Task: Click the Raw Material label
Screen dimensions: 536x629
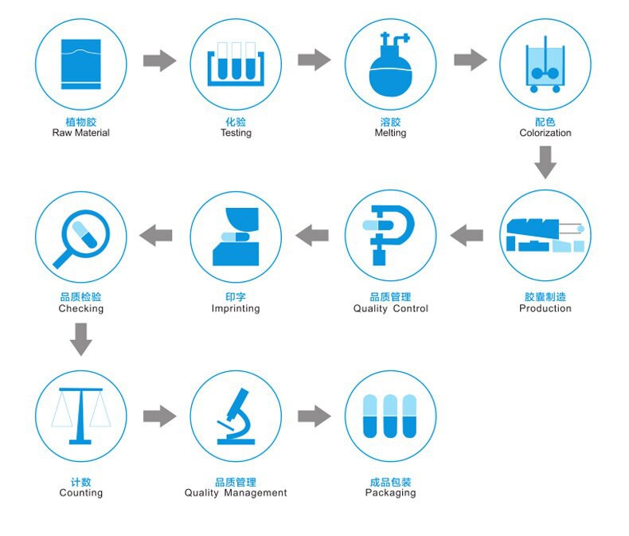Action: [x=80, y=133]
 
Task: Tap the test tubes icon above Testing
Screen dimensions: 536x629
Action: [x=235, y=64]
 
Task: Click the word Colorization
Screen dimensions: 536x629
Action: [x=545, y=133]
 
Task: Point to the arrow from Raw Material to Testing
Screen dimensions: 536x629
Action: [x=160, y=60]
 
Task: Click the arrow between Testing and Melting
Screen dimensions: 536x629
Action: [x=314, y=60]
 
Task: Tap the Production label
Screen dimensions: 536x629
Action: [x=545, y=308]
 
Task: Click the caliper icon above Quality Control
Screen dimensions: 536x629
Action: [x=390, y=235]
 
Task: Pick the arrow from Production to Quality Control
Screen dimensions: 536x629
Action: [x=467, y=235]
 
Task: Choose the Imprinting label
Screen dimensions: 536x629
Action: [x=236, y=308]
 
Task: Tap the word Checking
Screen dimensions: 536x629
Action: [x=80, y=308]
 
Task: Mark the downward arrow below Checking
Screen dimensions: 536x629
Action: [x=80, y=340]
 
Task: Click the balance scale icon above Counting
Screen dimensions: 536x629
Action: [x=80, y=414]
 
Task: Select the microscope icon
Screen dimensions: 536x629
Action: [x=236, y=416]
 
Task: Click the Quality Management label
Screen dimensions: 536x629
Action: [x=236, y=493]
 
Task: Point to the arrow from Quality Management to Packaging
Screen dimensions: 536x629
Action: [x=314, y=415]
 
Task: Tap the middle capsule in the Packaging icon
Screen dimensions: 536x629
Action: [x=390, y=415]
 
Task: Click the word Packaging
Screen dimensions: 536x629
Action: [x=390, y=493]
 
